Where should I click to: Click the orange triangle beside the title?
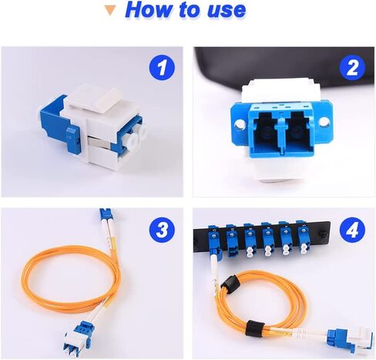[x=111, y=11]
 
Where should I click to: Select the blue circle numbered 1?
[x=162, y=68]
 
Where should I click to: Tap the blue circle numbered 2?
[x=352, y=68]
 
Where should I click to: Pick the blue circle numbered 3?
[x=162, y=229]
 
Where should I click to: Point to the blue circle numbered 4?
[x=352, y=229]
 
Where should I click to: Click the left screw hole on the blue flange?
[x=240, y=124]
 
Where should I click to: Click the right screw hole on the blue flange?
[x=324, y=122]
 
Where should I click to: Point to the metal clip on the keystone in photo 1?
[x=98, y=143]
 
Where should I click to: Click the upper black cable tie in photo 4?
[x=230, y=283]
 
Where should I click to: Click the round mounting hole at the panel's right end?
[x=324, y=235]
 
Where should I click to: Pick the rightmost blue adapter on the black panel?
[x=303, y=237]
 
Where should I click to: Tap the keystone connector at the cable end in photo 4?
[x=351, y=339]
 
